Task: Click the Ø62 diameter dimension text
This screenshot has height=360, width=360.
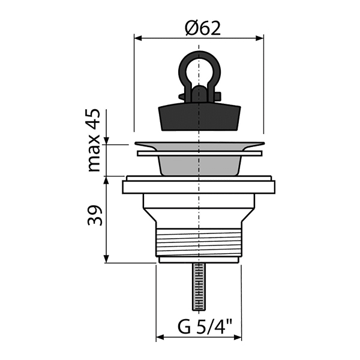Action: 203,28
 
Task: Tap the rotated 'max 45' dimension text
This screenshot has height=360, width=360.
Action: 94,140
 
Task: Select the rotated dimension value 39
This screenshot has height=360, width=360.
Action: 95,215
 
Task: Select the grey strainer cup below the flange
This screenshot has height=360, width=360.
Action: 199,166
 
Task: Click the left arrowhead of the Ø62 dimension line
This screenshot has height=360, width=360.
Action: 138,38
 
